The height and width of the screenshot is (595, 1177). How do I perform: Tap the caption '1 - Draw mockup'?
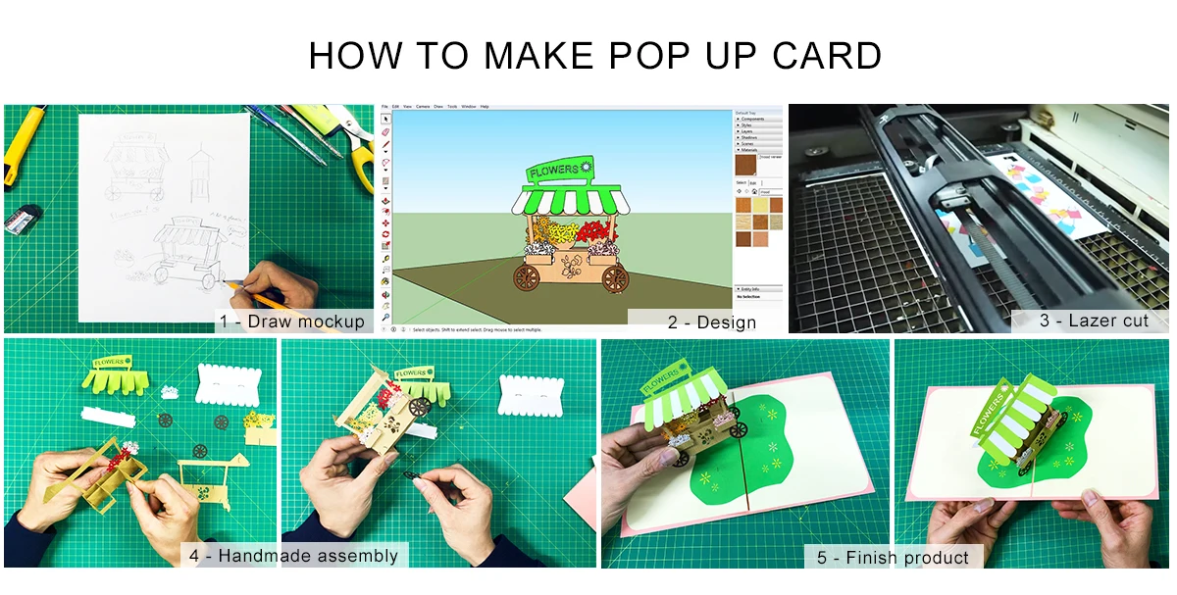click(x=292, y=322)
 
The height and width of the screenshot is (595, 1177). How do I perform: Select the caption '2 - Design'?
click(x=712, y=322)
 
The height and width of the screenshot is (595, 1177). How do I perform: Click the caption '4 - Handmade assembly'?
click(x=293, y=556)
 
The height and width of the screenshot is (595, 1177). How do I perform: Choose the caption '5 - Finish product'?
click(x=893, y=558)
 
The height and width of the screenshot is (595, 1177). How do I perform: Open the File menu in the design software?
click(x=385, y=106)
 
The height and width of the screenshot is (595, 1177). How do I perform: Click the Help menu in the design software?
click(x=485, y=106)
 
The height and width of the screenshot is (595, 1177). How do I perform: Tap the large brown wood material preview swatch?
click(x=746, y=165)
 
